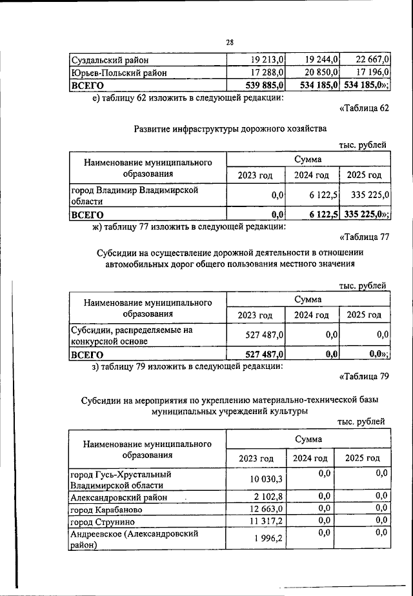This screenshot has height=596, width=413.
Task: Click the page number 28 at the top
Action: click(x=229, y=42)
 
